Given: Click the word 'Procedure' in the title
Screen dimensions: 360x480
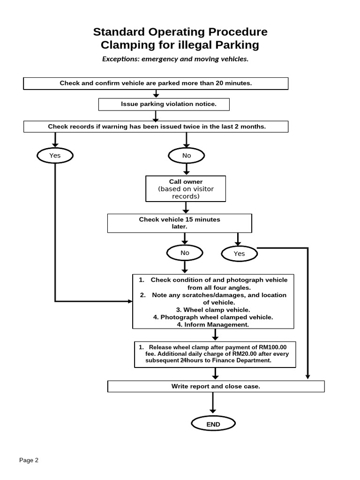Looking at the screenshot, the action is pyautogui.click(x=238, y=32).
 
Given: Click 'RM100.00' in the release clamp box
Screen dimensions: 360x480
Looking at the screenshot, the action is pyautogui.click(x=273, y=347).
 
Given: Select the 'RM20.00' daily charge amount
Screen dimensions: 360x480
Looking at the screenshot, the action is pyautogui.click(x=244, y=354).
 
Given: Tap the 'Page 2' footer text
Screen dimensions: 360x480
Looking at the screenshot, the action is pyautogui.click(x=29, y=460).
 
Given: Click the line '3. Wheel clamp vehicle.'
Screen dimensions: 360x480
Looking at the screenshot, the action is pyautogui.click(x=213, y=310).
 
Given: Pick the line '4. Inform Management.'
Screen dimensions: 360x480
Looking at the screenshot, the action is pyautogui.click(x=213, y=324).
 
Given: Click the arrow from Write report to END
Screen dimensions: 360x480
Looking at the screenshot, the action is pyautogui.click(x=213, y=403).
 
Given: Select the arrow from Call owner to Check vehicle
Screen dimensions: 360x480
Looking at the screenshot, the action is pyautogui.click(x=186, y=208).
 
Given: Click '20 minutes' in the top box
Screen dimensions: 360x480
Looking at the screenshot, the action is pyautogui.click(x=233, y=83).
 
